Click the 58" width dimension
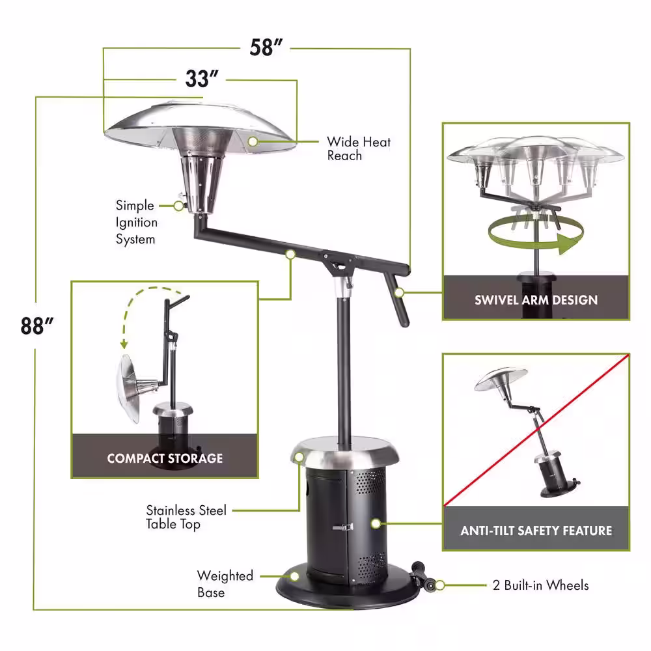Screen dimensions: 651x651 [x=267, y=48]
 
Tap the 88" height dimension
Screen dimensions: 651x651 [x=32, y=325]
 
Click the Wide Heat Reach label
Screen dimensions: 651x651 [x=358, y=148]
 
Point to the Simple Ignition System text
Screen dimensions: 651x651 [x=136, y=222]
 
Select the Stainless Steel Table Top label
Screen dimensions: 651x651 [x=186, y=517]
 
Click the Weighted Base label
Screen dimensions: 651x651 [x=225, y=584]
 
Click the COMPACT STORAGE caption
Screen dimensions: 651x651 [x=165, y=458]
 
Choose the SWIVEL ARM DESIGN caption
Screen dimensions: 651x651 [x=536, y=300]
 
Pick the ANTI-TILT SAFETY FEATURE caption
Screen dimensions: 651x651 [x=536, y=531]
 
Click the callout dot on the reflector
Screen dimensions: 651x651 [x=253, y=139]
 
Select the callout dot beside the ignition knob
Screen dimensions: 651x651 [x=178, y=206]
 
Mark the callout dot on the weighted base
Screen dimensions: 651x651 [x=294, y=576]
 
